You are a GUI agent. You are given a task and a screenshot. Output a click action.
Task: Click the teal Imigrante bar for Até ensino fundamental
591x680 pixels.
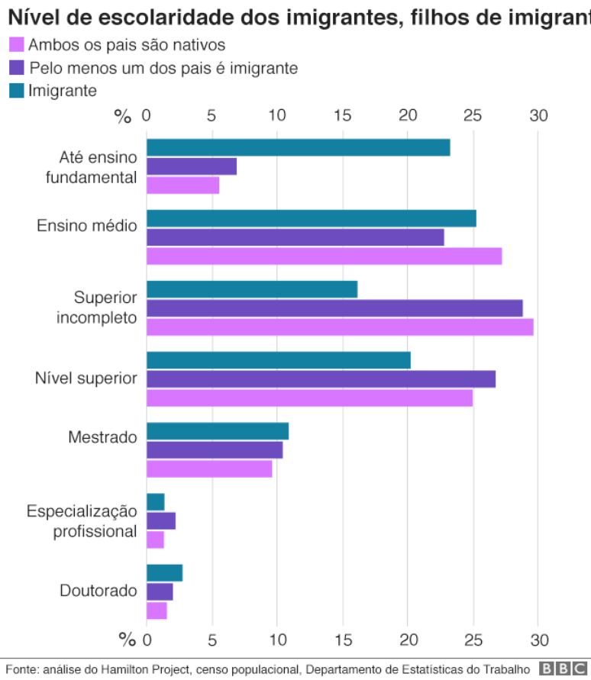pyautogui.click(x=298, y=148)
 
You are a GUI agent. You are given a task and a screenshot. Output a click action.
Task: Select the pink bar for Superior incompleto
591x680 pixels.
pyautogui.click(x=340, y=327)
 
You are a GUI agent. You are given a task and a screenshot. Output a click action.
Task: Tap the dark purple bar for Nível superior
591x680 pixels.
pyautogui.click(x=321, y=379)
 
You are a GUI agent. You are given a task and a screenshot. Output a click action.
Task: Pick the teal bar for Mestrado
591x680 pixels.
pyautogui.click(x=218, y=431)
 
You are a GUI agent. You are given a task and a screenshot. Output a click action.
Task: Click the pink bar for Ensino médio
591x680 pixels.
pyautogui.click(x=324, y=256)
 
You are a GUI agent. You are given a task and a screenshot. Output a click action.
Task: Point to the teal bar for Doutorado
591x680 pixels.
pyautogui.click(x=164, y=573)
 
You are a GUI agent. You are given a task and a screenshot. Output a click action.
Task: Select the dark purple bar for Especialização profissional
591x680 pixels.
pyautogui.click(x=161, y=521)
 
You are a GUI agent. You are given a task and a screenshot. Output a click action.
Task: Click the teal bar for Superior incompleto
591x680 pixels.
pyautogui.click(x=252, y=289)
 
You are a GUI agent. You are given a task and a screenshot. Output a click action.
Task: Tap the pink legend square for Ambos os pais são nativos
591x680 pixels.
pyautogui.click(x=16, y=46)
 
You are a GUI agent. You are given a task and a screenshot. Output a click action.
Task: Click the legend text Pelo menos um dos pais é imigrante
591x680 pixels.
pyautogui.click(x=163, y=69)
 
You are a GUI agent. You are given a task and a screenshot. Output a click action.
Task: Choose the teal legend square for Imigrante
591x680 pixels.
pyautogui.click(x=16, y=91)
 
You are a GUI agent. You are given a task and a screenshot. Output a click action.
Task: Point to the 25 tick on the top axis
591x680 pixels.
pyautogui.click(x=473, y=116)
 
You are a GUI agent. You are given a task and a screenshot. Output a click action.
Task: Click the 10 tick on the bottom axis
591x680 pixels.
pyautogui.click(x=277, y=639)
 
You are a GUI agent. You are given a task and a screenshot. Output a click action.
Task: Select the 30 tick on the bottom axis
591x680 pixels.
pyautogui.click(x=539, y=639)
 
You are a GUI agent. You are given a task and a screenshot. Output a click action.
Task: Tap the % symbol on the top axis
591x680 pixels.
pyautogui.click(x=123, y=116)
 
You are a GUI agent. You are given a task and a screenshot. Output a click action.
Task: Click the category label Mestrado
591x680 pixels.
pyautogui.click(x=102, y=437)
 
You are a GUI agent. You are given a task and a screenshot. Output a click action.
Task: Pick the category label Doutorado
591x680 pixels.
pyautogui.click(x=98, y=591)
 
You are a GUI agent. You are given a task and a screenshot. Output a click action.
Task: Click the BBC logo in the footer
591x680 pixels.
pyautogui.click(x=564, y=669)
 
